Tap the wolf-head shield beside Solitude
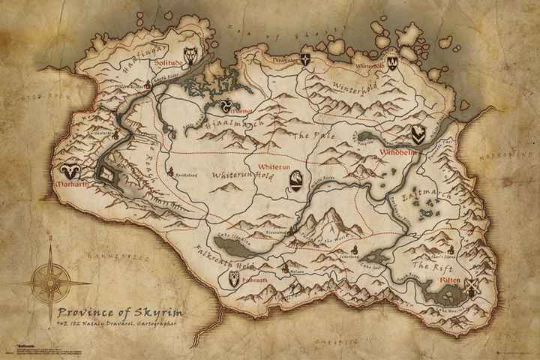[x=192, y=54]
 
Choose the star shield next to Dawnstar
[x=305, y=58]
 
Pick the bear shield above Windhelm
[x=418, y=133]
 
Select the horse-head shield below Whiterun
[x=297, y=178]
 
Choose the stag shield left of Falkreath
[x=235, y=279]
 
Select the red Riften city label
[x=451, y=279]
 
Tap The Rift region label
[x=430, y=266]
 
